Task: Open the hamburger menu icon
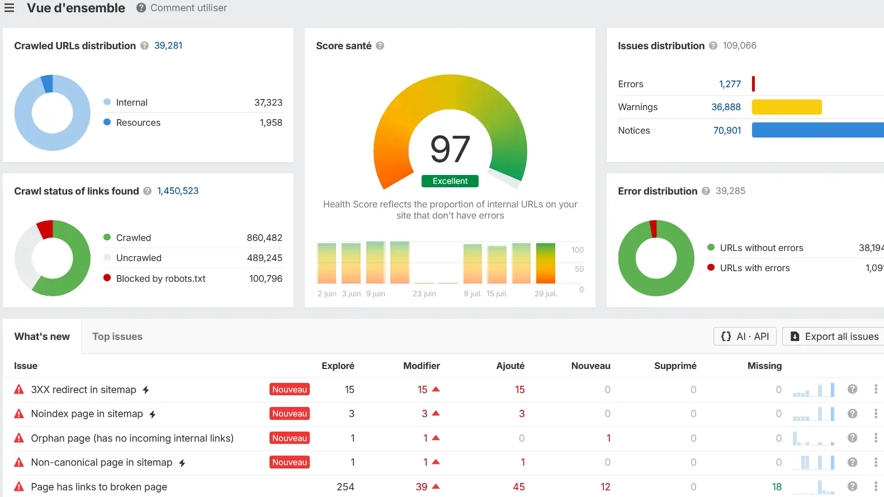(9, 8)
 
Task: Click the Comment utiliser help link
(188, 8)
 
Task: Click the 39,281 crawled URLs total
(168, 45)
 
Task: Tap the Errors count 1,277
(730, 84)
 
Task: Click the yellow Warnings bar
(787, 107)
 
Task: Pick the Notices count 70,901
(727, 130)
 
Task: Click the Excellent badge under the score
(450, 181)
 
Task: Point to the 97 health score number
(450, 149)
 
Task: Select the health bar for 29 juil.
(545, 263)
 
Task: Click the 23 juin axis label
(424, 294)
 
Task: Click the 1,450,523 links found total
(178, 191)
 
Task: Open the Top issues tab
(117, 337)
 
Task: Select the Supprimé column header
(675, 366)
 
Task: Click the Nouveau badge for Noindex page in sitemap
(290, 413)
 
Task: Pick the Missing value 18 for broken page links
(777, 487)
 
